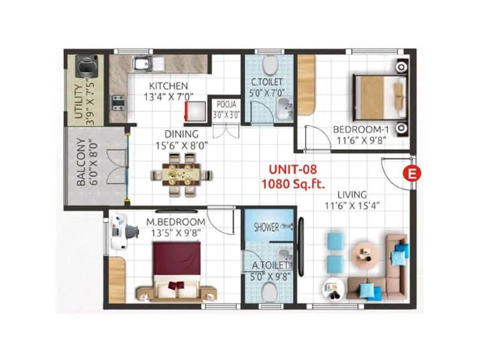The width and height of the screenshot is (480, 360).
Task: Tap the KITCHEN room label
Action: click(169, 86)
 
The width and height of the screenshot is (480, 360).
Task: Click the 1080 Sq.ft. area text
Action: click(287, 184)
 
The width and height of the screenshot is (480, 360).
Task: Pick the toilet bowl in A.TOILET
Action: click(269, 292)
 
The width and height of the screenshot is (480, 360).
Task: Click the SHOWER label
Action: click(266, 227)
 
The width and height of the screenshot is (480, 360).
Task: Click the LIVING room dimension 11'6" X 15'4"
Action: click(353, 206)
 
